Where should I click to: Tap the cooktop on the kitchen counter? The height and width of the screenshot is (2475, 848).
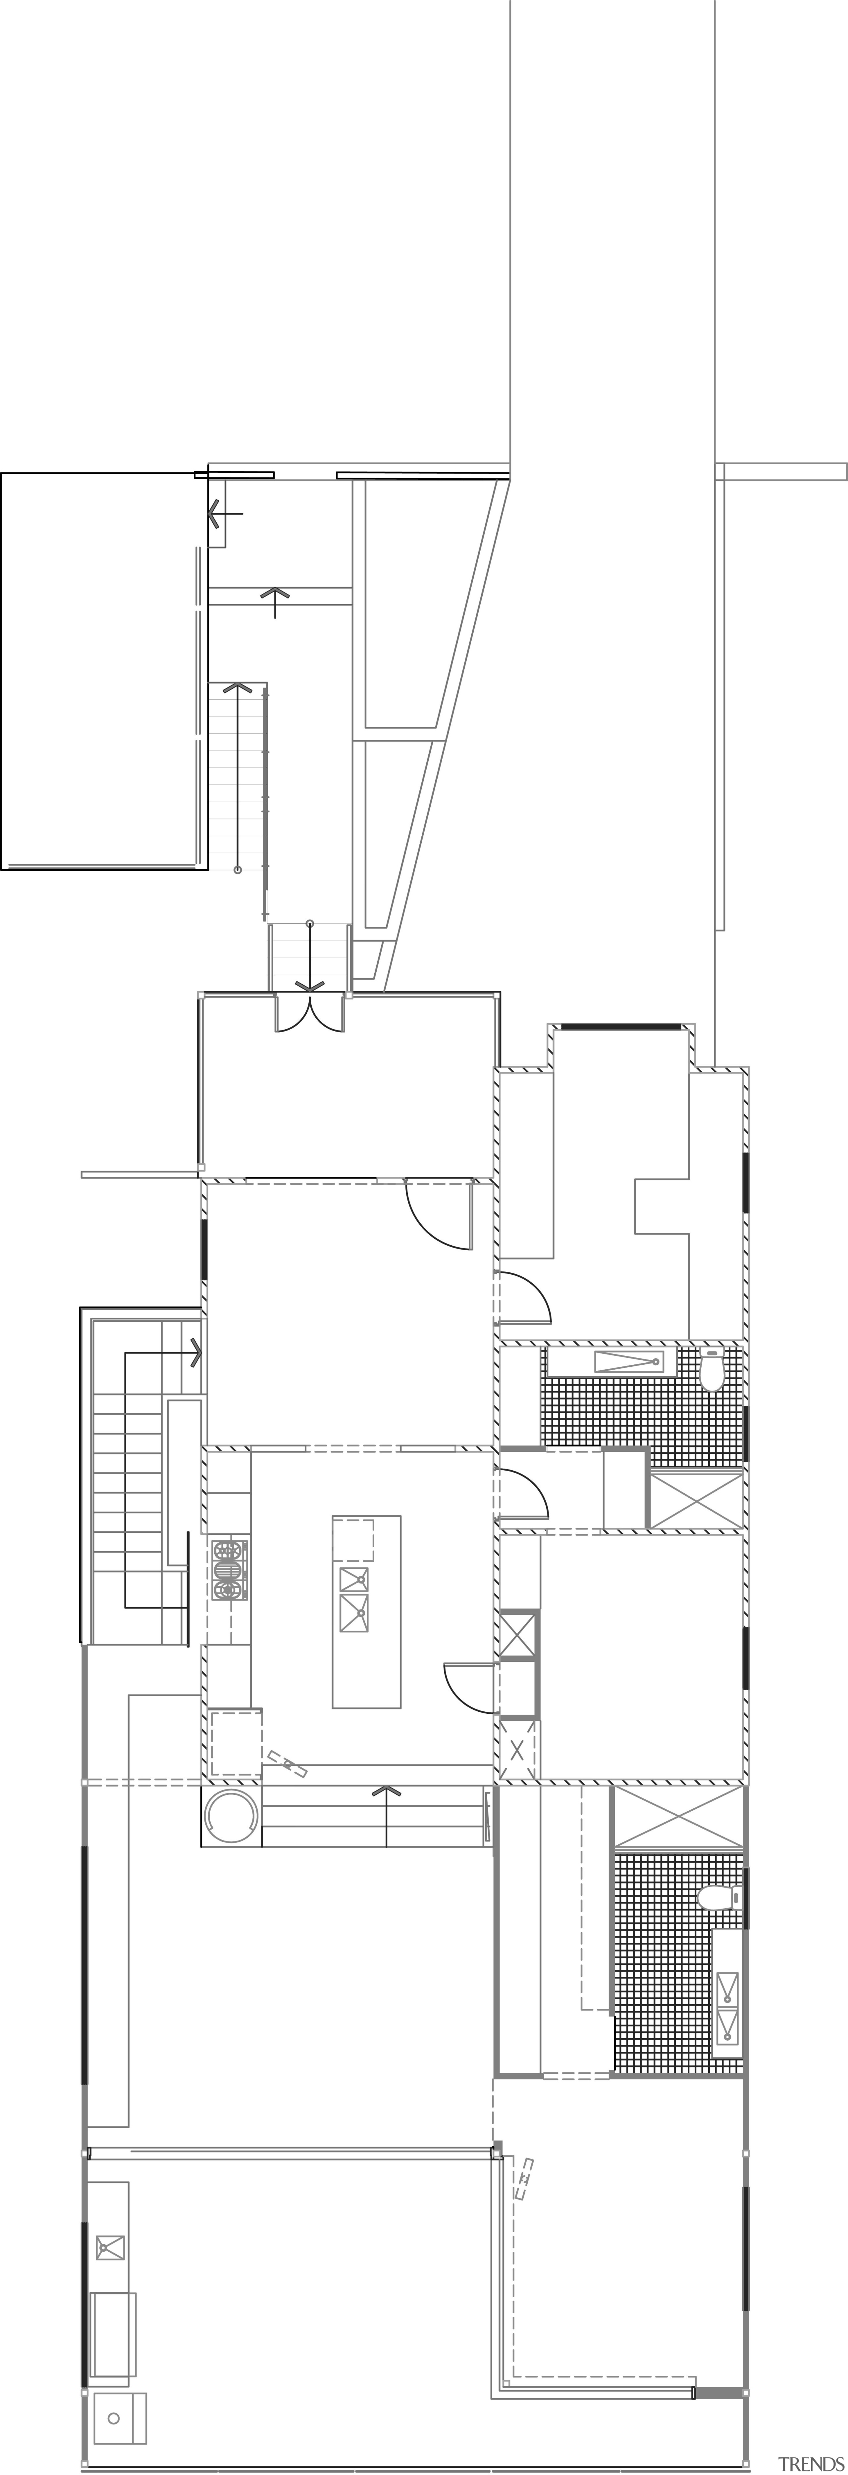point(229,1570)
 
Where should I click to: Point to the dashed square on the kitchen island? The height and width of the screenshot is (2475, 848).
point(353,1539)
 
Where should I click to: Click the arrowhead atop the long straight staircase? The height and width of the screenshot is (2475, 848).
point(238,688)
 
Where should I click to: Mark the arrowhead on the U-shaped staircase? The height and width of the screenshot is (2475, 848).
point(196,1353)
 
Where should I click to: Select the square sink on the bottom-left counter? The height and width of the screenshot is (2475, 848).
point(110,2247)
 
